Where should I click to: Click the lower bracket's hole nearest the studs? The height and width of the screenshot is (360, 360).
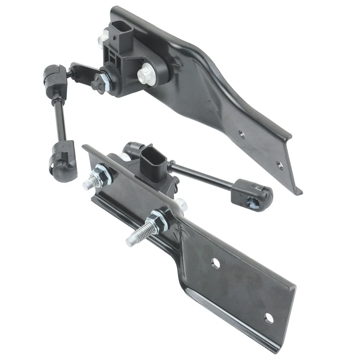click(x=215, y=263)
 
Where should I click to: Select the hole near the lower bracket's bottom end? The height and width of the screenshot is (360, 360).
click(x=268, y=318)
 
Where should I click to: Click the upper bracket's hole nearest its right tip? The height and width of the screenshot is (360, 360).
click(x=280, y=164)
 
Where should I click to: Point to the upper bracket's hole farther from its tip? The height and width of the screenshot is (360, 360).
click(x=242, y=134)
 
